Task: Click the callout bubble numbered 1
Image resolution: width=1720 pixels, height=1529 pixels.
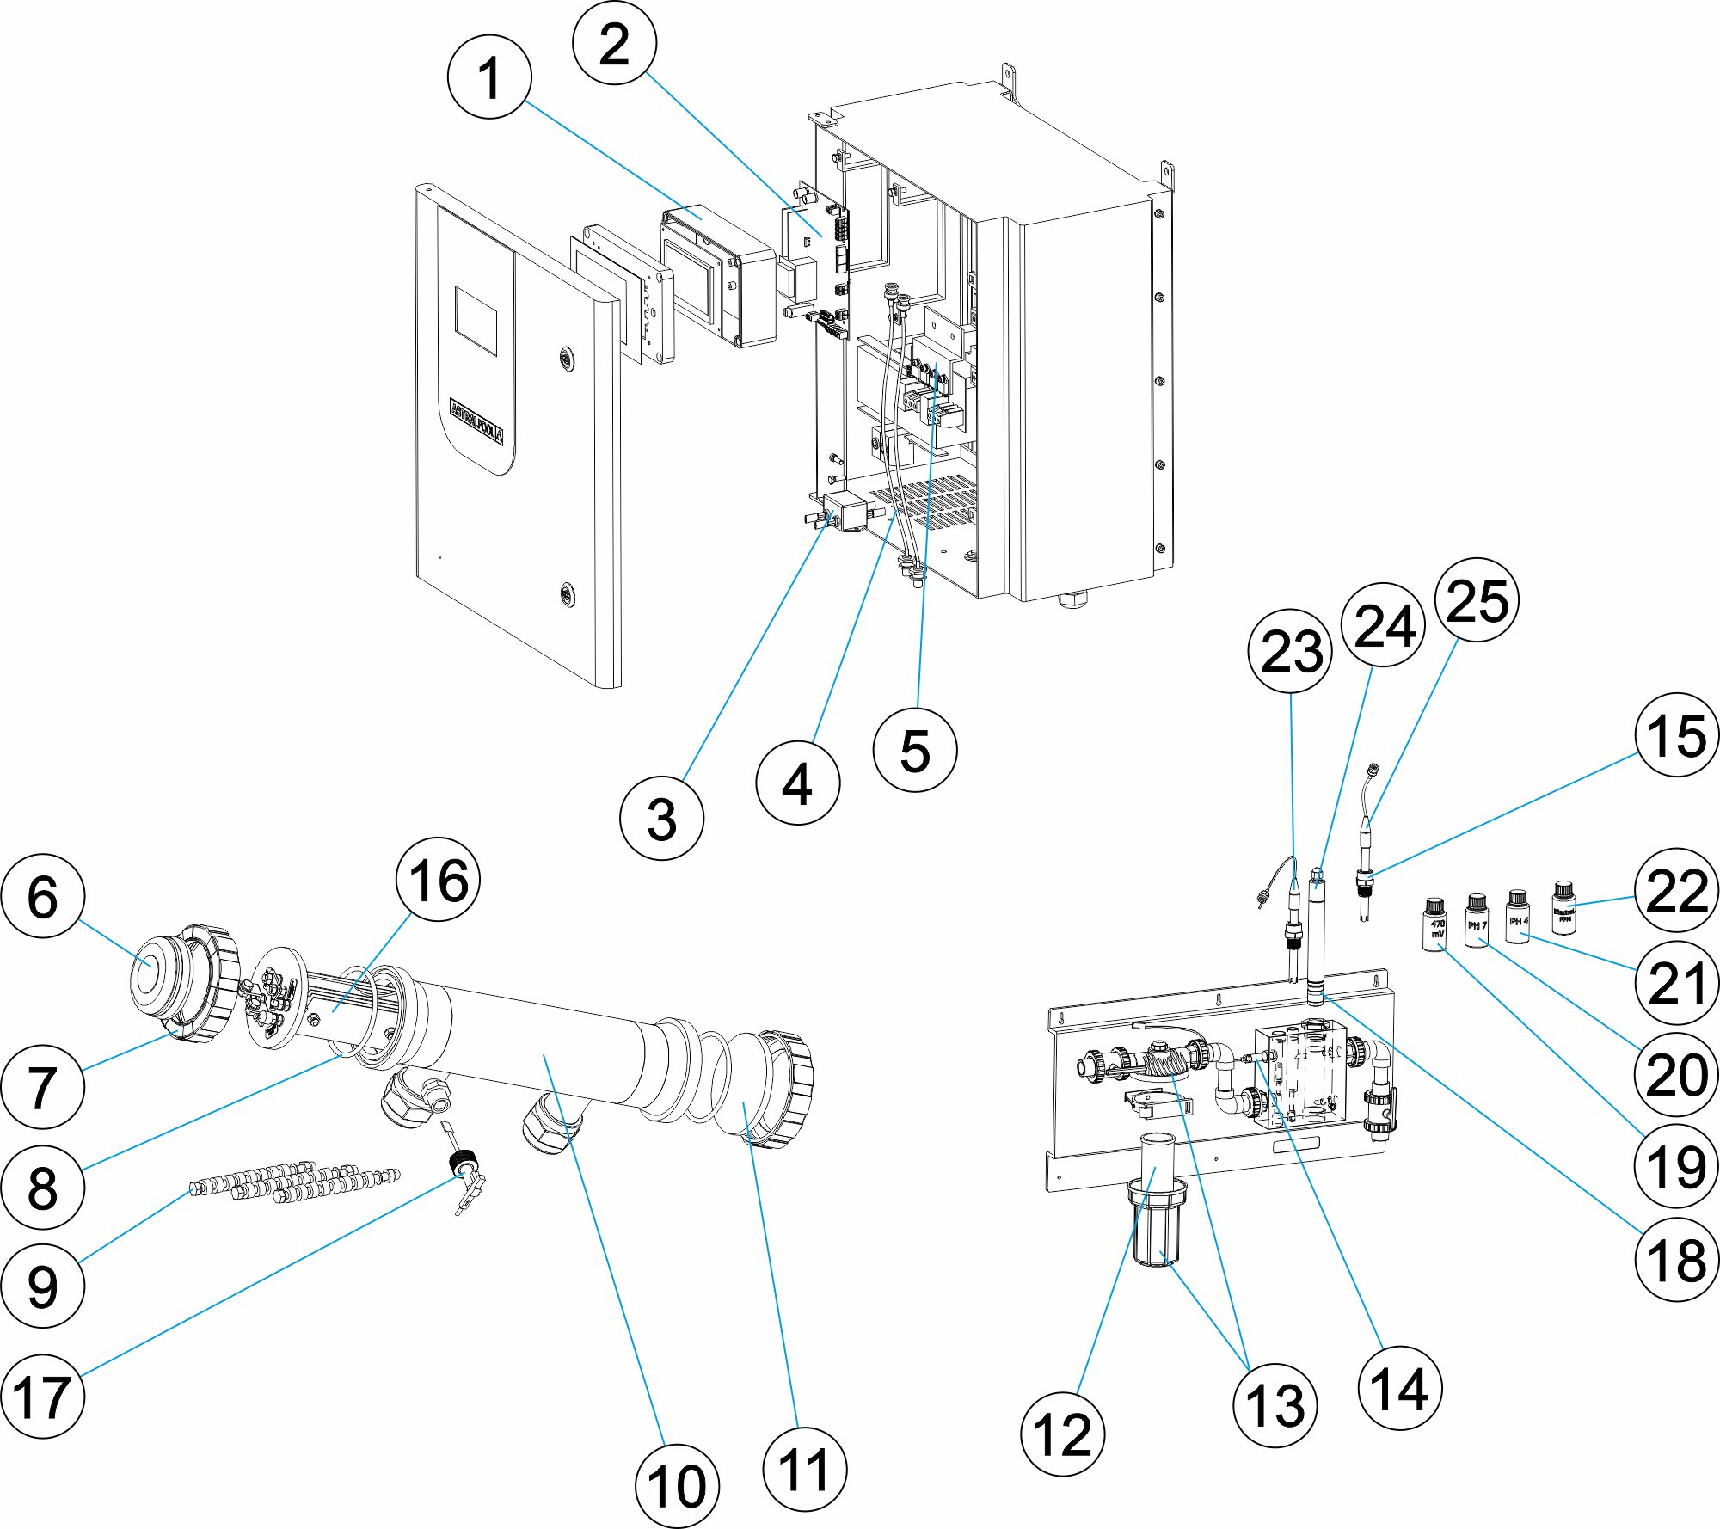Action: [489, 77]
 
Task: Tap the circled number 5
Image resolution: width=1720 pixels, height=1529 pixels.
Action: [914, 749]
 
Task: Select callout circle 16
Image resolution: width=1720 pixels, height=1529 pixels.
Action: [438, 880]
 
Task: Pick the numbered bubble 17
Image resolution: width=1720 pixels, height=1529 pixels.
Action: [43, 1396]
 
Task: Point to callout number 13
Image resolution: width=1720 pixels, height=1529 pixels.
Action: [1275, 1405]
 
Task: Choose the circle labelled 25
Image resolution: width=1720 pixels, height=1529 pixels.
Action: [1477, 600]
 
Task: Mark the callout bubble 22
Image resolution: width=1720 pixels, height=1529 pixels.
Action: [1676, 890]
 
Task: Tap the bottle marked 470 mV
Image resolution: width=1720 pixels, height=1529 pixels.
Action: [1434, 925]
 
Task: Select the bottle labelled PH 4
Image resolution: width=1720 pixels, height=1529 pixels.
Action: [1518, 918]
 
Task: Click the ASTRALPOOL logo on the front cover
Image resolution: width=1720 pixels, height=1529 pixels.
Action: [476, 421]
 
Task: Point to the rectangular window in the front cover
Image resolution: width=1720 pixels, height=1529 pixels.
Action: [476, 321]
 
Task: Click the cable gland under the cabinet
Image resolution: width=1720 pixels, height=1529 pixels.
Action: [1072, 597]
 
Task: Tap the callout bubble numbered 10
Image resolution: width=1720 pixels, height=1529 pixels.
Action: [677, 1486]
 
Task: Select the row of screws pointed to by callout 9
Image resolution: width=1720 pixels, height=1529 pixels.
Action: [292, 1182]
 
